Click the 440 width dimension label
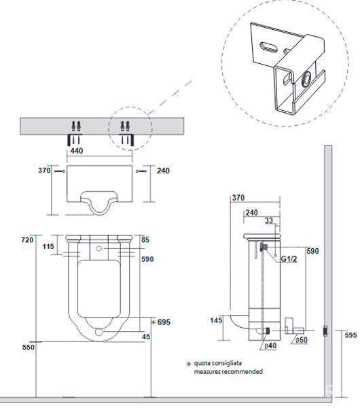pos(77,151)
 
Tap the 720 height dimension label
pos(27,239)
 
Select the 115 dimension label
pos(48,246)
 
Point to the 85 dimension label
pos(145,239)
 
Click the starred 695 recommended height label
pos(161,322)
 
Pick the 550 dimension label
pos(28,347)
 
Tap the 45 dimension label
pos(146,337)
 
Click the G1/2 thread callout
pos(289,259)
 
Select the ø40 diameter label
pos(270,345)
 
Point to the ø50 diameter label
pos(302,340)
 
